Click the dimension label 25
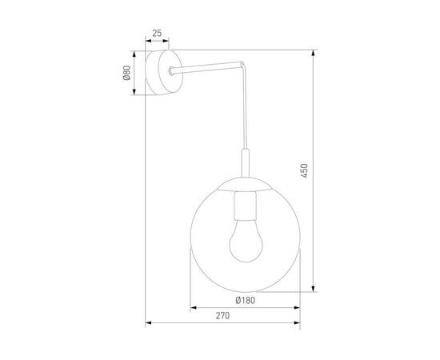click(157, 34)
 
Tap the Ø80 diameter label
click(127, 74)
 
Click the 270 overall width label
click(222, 316)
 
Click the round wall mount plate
click(166, 72)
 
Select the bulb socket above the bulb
click(244, 210)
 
